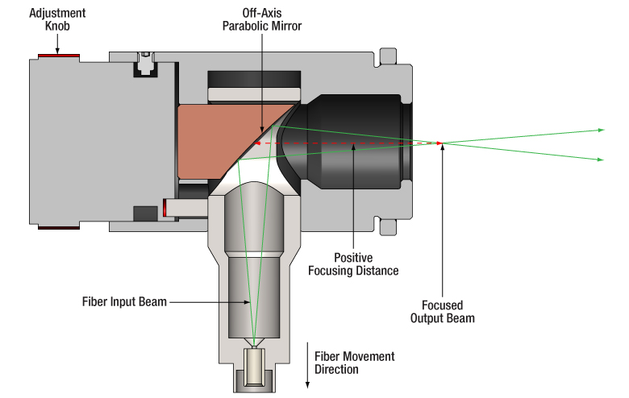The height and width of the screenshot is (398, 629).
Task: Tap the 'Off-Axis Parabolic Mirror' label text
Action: pyautogui.click(x=261, y=19)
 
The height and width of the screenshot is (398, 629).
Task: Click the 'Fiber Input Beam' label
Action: pyautogui.click(x=124, y=302)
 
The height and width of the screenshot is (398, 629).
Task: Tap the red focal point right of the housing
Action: pyautogui.click(x=439, y=143)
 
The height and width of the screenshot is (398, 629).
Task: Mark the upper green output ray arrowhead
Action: pyautogui.click(x=600, y=129)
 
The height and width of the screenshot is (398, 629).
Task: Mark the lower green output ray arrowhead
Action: pyautogui.click(x=600, y=160)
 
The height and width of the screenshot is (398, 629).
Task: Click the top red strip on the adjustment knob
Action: pyautogui.click(x=59, y=56)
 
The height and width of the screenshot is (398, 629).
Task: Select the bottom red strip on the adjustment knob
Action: pyautogui.click(x=59, y=228)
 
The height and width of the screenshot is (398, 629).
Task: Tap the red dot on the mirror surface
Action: pyautogui.click(x=257, y=143)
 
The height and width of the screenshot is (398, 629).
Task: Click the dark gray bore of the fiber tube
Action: pyautogui.click(x=250, y=298)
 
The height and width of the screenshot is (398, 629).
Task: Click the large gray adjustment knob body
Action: pyautogui.click(x=73, y=141)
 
